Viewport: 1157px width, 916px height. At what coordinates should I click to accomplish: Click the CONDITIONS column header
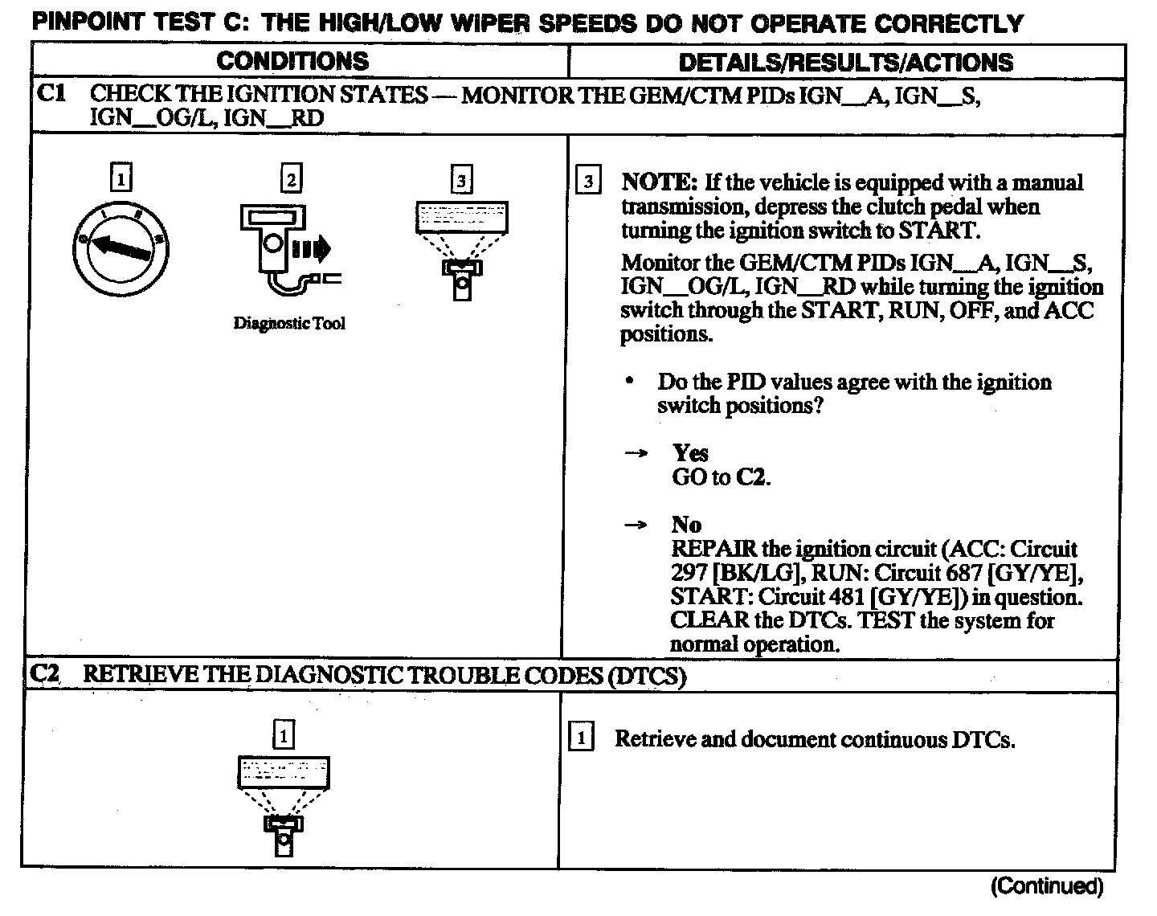[x=292, y=61]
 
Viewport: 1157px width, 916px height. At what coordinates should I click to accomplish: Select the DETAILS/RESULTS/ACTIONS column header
[x=845, y=62]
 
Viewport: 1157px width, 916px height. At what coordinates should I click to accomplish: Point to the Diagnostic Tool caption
[x=289, y=323]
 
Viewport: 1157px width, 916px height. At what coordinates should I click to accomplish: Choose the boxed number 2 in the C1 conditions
[x=291, y=178]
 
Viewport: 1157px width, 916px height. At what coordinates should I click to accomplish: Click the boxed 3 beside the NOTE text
[x=588, y=181]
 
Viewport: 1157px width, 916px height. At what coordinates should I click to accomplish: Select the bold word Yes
[x=690, y=453]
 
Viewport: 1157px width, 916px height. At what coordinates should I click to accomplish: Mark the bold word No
[x=686, y=525]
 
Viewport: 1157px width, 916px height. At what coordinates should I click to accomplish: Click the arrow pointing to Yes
[x=636, y=454]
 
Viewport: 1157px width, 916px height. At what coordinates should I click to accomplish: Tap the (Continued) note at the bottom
[x=1047, y=885]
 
